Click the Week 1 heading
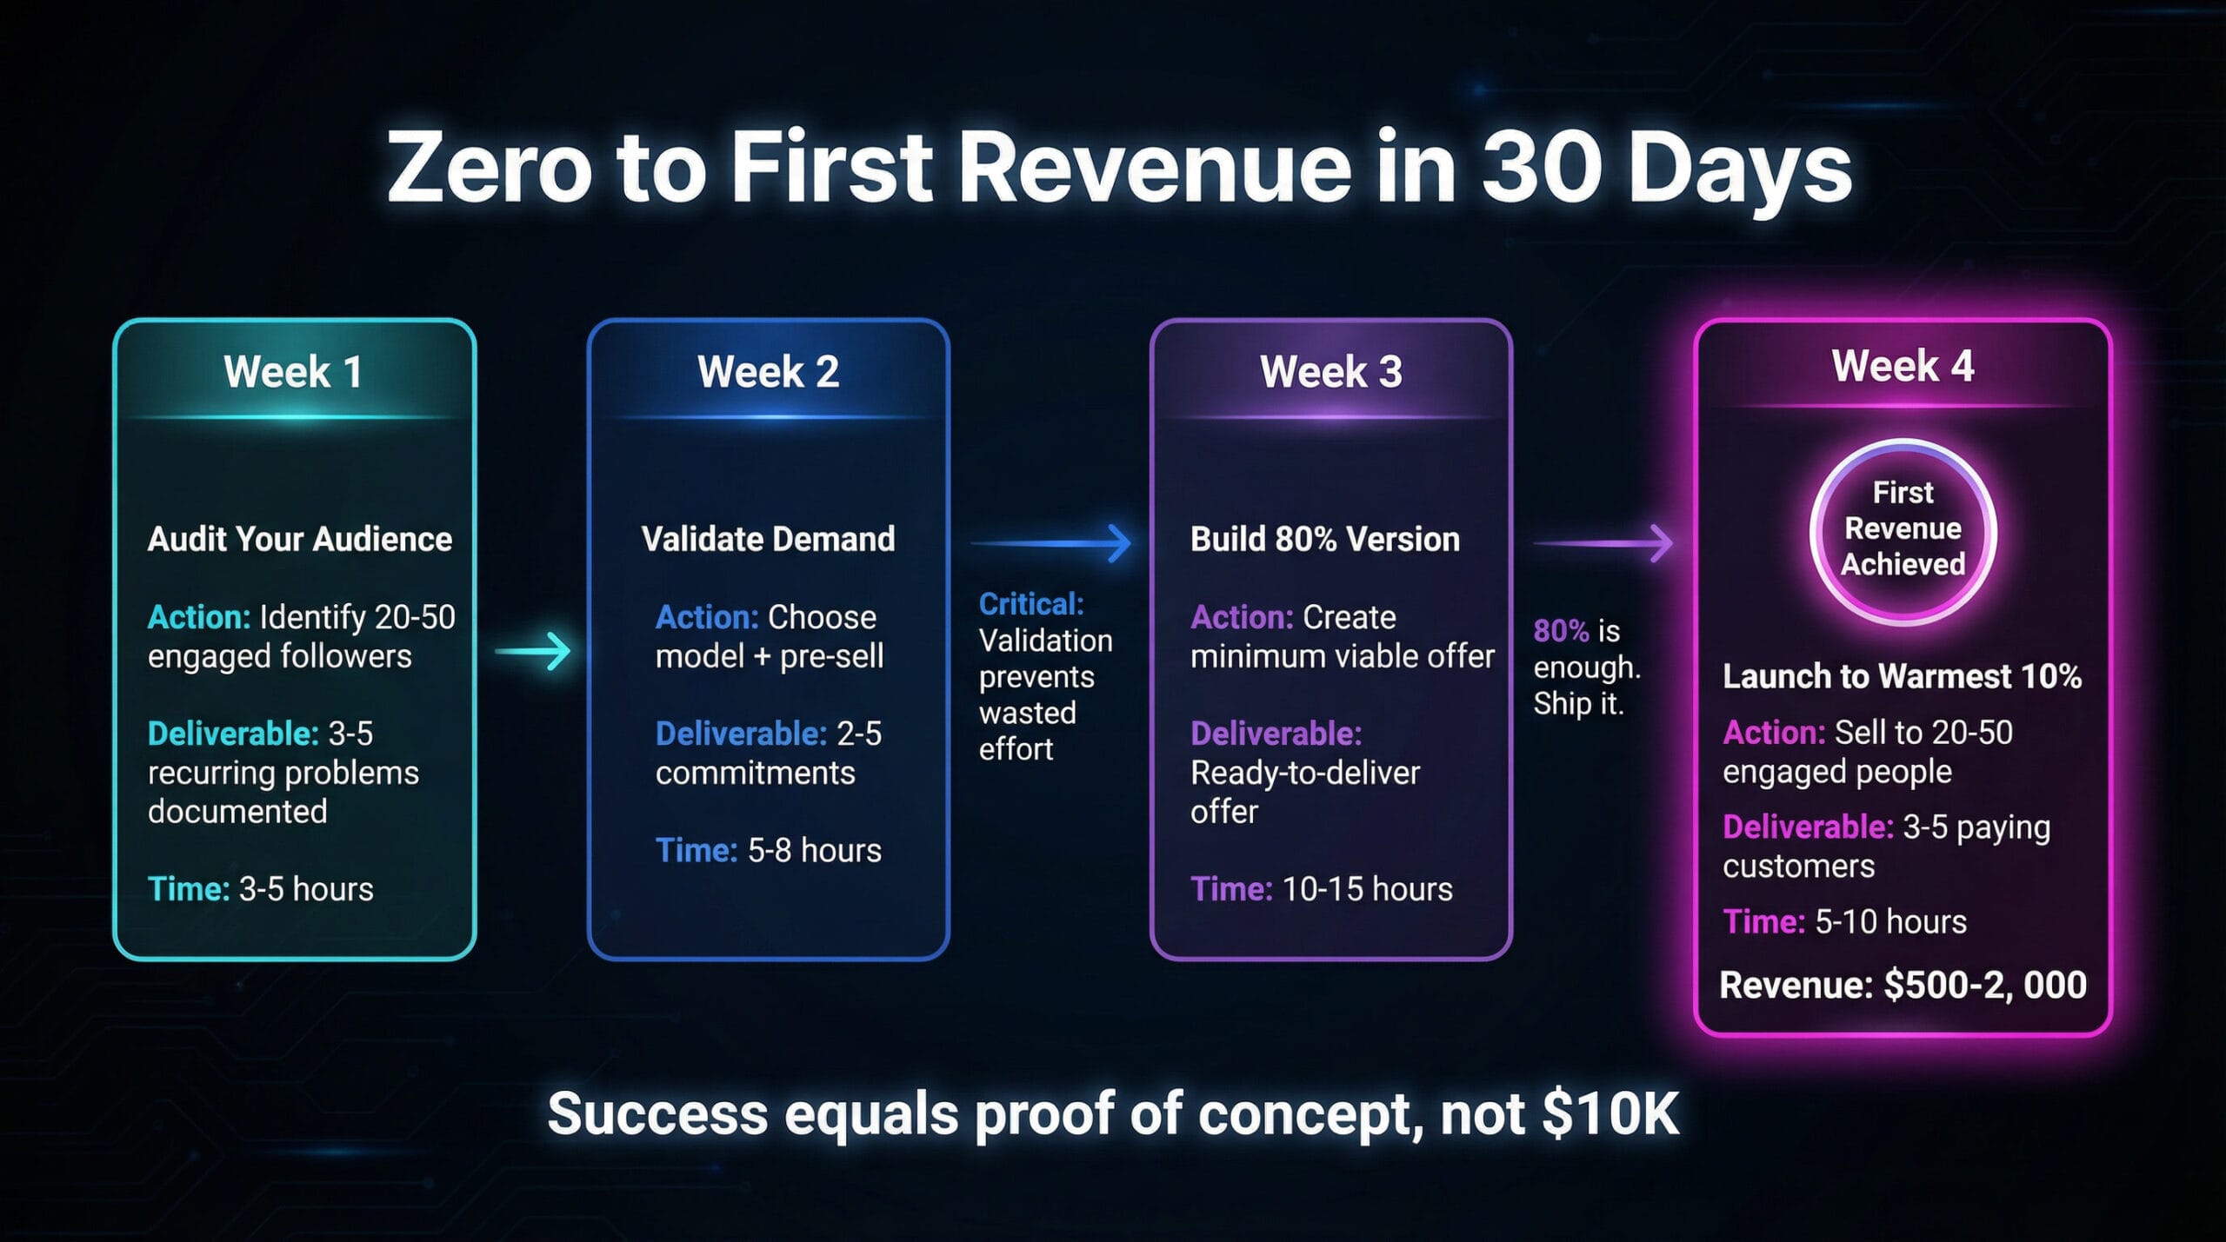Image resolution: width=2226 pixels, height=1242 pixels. click(293, 372)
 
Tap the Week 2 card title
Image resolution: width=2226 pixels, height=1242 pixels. click(768, 372)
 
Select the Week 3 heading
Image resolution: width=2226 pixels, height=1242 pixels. click(1330, 372)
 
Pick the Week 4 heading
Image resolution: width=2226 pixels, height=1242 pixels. click(1903, 366)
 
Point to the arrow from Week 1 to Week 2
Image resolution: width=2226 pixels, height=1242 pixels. click(533, 650)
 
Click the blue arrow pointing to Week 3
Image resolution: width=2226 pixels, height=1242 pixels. click(1050, 543)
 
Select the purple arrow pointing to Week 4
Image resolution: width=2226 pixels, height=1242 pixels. click(1603, 543)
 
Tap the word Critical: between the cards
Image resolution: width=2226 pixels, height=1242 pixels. click(1031, 604)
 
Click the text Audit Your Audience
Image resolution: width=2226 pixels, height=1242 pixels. click(300, 539)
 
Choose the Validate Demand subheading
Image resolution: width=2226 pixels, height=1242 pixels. click(768, 539)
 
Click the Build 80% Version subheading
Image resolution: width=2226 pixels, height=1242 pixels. click(1325, 539)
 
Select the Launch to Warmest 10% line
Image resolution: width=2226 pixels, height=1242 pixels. click(1903, 676)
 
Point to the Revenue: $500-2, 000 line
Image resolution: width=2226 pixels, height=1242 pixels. click(1903, 986)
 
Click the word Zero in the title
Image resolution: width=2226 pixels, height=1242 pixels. click(490, 167)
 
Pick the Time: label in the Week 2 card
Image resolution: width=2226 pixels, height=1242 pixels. click(696, 850)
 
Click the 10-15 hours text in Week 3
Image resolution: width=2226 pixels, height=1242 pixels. click(1367, 889)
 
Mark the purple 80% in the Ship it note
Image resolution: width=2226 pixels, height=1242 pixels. click(1561, 631)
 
